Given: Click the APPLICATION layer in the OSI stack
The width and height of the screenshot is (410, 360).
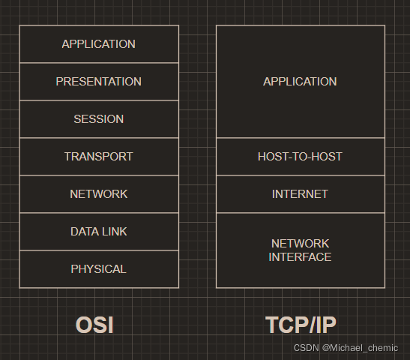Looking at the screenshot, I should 99,44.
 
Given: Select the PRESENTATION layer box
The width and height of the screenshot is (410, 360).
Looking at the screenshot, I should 99,82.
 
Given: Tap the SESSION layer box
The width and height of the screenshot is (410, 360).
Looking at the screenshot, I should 99,119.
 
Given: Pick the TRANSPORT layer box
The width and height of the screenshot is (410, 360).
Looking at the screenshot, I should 99,157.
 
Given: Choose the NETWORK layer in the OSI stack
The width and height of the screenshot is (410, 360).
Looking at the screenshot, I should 99,194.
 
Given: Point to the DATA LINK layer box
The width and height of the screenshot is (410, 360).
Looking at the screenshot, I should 99,232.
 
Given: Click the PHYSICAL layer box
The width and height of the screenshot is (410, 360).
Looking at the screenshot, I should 99,269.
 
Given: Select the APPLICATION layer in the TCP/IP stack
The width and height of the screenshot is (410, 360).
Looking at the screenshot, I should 300,82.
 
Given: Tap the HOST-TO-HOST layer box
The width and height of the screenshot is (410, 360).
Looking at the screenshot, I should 300,157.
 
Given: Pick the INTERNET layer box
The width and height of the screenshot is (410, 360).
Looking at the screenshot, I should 300,194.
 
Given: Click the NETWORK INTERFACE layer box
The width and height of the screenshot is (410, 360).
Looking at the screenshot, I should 300,250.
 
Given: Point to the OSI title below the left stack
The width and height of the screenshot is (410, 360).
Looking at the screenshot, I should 94,325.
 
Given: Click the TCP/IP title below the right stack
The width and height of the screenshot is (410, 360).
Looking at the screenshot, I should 301,325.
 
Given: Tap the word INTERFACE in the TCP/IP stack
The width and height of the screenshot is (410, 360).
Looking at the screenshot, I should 300,257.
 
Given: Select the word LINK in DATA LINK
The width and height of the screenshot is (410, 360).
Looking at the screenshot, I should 113,232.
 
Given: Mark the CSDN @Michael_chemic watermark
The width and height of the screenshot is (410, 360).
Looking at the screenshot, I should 346,348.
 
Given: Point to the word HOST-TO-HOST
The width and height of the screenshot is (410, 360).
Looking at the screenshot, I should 300,157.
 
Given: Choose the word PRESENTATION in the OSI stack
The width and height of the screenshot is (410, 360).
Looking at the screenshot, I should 99,82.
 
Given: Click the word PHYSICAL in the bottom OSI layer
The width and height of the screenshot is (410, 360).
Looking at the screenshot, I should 99,269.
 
